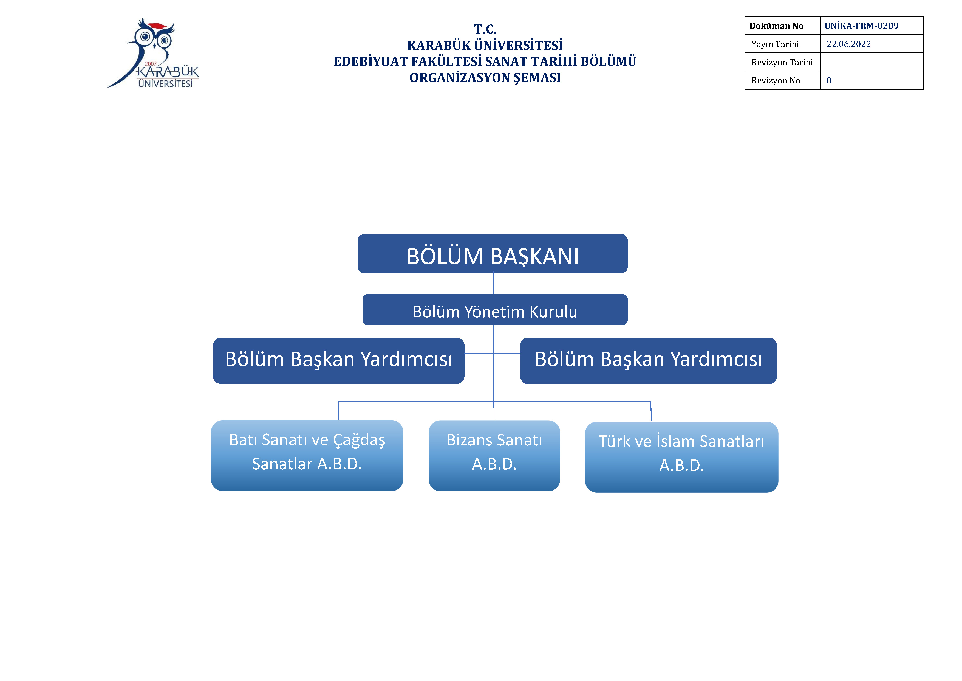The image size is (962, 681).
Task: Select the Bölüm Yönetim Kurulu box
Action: tap(495, 310)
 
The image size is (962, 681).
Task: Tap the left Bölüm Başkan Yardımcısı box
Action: tap(339, 361)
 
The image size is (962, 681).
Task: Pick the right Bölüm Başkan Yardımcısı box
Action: tap(649, 361)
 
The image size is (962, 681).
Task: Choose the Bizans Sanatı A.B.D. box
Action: tap(494, 456)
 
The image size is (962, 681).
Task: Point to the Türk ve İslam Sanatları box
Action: tap(682, 457)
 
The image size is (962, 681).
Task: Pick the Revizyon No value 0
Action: tap(829, 80)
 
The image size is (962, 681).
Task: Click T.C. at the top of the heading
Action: tap(485, 29)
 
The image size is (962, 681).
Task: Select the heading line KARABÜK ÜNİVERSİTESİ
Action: tap(485, 45)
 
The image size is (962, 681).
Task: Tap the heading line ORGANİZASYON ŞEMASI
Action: tap(485, 78)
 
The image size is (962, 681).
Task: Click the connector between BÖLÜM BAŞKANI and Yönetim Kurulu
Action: tap(494, 284)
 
